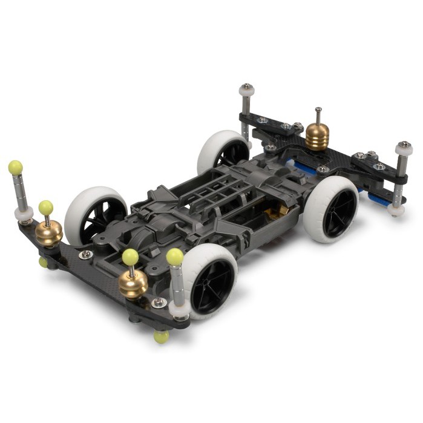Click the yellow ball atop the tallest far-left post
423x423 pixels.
click(x=15, y=167)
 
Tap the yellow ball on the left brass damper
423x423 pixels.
click(x=46, y=208)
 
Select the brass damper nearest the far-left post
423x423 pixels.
click(x=48, y=233)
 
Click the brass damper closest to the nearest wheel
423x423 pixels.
click(x=133, y=283)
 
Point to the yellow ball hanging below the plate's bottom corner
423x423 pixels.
click(x=161, y=336)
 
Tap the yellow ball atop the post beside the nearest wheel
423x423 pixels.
click(x=174, y=257)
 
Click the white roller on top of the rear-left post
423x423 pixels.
click(x=246, y=91)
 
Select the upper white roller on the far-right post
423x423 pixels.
click(x=404, y=148)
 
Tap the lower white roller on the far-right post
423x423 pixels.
click(x=396, y=210)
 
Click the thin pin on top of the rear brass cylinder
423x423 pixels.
click(x=318, y=116)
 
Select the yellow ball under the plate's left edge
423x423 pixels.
click(x=44, y=261)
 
